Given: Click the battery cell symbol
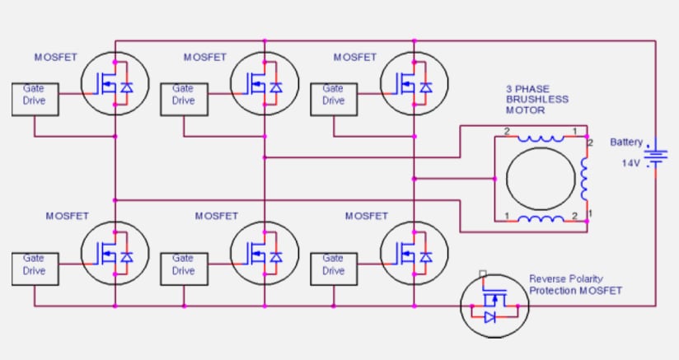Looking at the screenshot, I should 656,156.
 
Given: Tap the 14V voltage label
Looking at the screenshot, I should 630,164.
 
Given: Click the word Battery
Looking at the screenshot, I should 626,143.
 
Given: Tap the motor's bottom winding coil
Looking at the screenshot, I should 540,219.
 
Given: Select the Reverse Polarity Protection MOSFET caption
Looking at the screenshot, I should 575,285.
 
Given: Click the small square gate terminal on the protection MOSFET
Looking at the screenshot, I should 484,274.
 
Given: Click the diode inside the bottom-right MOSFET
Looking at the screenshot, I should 426,258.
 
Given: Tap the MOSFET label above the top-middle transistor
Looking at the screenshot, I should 205,58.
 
